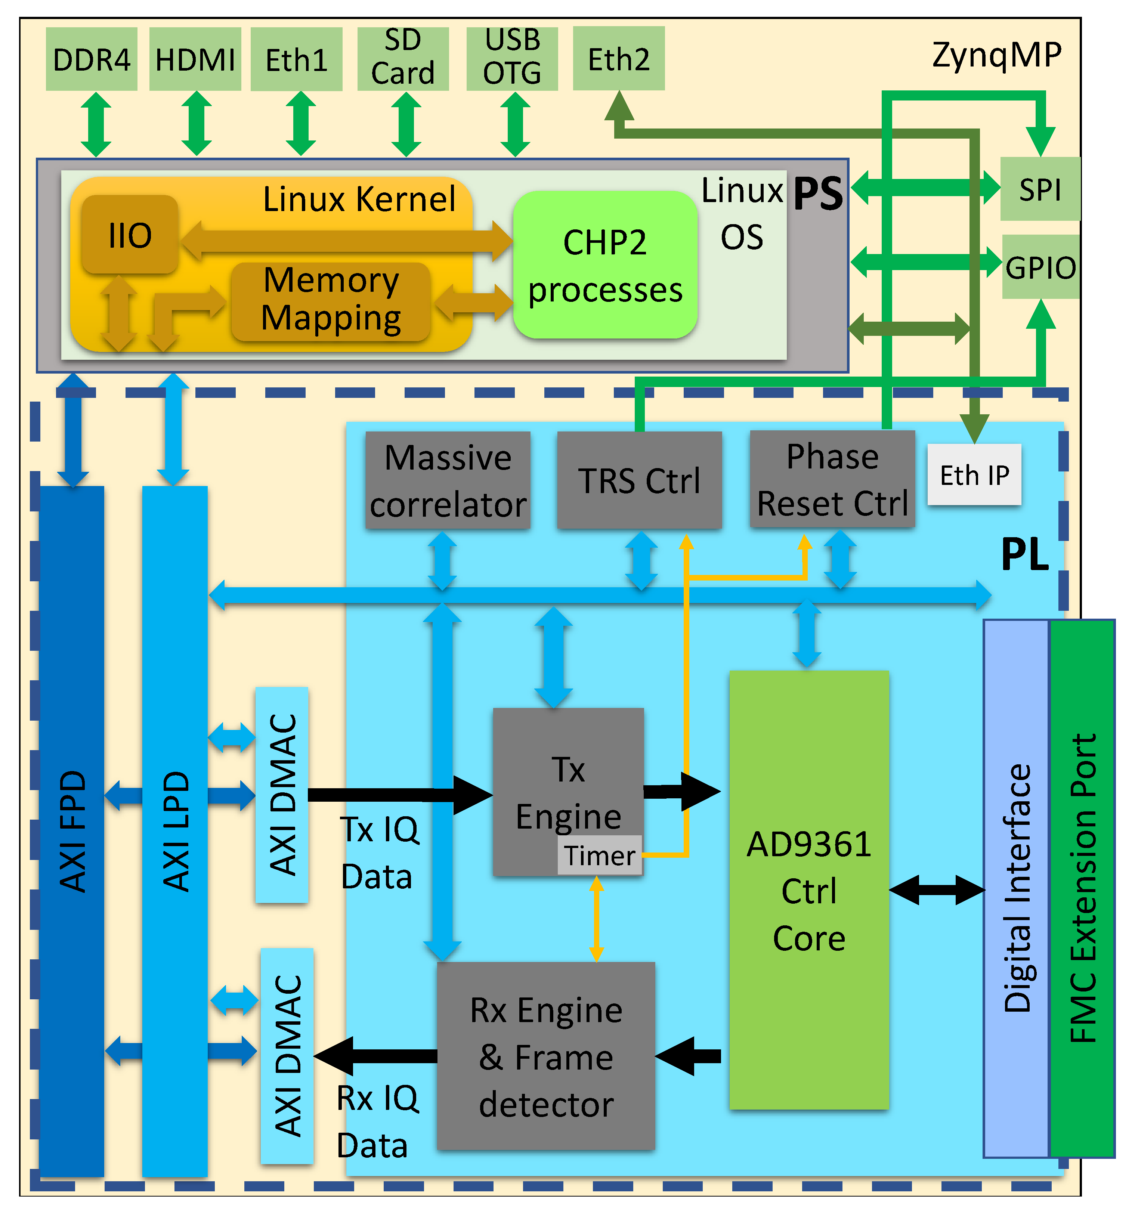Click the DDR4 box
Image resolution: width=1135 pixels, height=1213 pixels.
click(x=92, y=59)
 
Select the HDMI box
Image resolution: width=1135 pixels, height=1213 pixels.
click(x=195, y=59)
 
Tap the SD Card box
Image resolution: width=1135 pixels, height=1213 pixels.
click(x=403, y=58)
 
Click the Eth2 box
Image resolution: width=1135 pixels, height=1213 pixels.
click(x=618, y=59)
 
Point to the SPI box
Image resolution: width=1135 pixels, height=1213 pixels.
click(x=1040, y=189)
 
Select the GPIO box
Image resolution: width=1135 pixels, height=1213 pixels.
click(x=1040, y=267)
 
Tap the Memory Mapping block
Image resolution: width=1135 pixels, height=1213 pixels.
click(x=331, y=301)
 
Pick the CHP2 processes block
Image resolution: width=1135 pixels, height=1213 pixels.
click(x=605, y=265)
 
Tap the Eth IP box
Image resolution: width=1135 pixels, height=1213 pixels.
click(x=974, y=475)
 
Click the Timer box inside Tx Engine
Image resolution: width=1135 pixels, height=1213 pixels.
click(x=599, y=855)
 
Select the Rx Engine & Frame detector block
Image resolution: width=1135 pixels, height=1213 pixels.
click(x=545, y=1056)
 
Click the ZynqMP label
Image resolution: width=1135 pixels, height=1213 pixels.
click(x=996, y=55)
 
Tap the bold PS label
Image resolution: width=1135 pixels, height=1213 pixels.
click(x=818, y=194)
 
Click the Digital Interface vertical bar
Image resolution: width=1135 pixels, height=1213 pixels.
click(x=1016, y=888)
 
